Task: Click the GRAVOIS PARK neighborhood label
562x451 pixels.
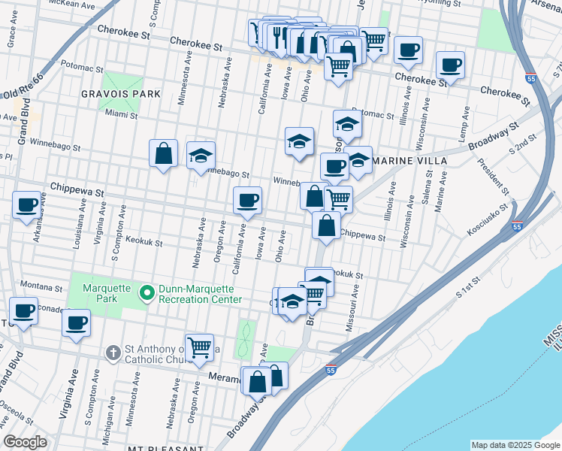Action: pos(122,94)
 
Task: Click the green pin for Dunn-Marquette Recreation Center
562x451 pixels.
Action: pos(147,292)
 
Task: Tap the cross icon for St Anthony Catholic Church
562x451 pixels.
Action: pos(113,352)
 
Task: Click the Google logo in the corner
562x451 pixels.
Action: pos(26,442)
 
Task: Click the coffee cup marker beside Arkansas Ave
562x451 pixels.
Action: pos(26,205)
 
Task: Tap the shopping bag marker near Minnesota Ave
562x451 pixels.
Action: pos(163,154)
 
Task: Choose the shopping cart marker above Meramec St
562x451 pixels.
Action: pos(199,348)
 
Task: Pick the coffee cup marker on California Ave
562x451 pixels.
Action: pos(247,201)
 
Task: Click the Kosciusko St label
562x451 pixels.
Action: pos(488,210)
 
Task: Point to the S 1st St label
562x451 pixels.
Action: pos(471,295)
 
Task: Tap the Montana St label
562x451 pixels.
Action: pos(41,287)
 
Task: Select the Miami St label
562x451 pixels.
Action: pos(122,115)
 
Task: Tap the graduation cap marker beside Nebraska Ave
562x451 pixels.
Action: pos(201,156)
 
